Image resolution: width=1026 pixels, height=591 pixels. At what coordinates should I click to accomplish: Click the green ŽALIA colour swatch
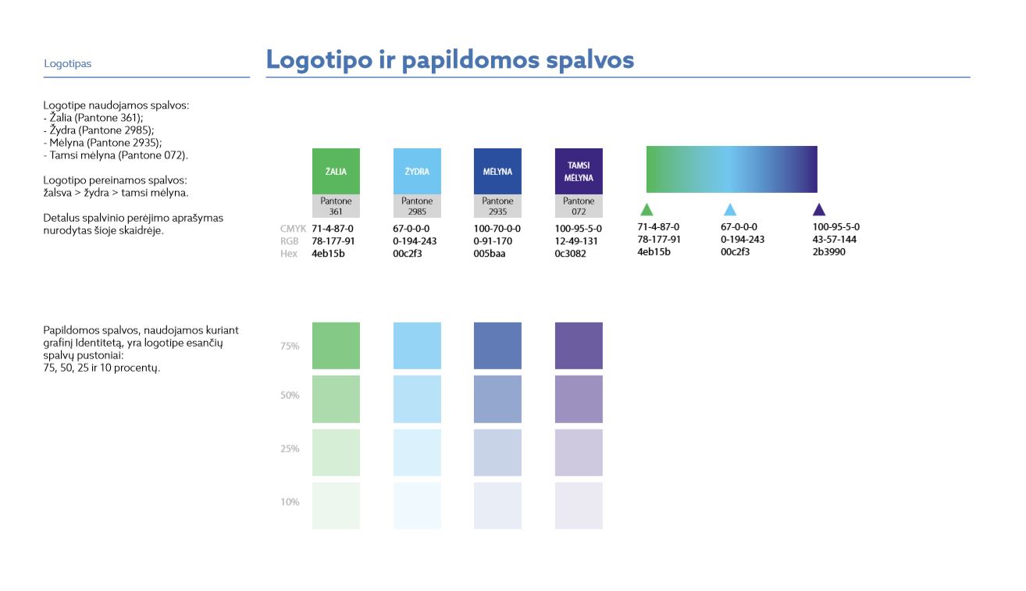pos(336,171)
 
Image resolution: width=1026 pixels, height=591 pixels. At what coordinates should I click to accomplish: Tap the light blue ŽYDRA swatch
pos(417,171)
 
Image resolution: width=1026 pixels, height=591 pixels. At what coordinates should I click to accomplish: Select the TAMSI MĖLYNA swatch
pos(579,171)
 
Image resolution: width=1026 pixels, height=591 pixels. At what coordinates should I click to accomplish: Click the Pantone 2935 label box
pos(497,205)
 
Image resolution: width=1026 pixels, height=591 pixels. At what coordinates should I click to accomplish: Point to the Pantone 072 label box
pos(579,205)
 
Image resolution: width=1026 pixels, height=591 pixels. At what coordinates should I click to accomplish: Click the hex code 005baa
pos(489,254)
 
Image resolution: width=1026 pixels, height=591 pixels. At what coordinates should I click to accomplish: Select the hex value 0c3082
pos(570,254)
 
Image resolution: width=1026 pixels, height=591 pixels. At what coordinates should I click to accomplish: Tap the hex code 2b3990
pos(828,251)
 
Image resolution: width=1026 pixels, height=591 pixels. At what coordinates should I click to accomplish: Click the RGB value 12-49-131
pos(576,241)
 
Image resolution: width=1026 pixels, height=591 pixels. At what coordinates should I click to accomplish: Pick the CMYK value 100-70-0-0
pos(497,228)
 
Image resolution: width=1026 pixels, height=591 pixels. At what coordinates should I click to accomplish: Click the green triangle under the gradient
pos(647,210)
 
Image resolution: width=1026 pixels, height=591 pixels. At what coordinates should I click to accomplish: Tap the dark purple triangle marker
pos(819,210)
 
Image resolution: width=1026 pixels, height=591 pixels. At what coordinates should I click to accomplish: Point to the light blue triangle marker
pos(729,210)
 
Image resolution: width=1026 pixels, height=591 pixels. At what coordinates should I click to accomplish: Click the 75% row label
pos(290,346)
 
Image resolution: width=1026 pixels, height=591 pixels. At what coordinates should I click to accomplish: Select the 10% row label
pos(290,502)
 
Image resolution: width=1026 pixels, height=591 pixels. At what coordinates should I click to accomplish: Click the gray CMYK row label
pos(293,228)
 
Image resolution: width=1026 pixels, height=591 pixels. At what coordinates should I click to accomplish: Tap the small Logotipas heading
pos(67,64)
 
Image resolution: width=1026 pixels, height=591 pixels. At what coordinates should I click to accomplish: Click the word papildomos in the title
pos(470,61)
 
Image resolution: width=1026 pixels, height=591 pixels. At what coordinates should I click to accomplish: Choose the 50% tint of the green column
pos(336,399)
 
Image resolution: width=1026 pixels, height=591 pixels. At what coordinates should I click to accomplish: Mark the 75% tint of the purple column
pos(579,345)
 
